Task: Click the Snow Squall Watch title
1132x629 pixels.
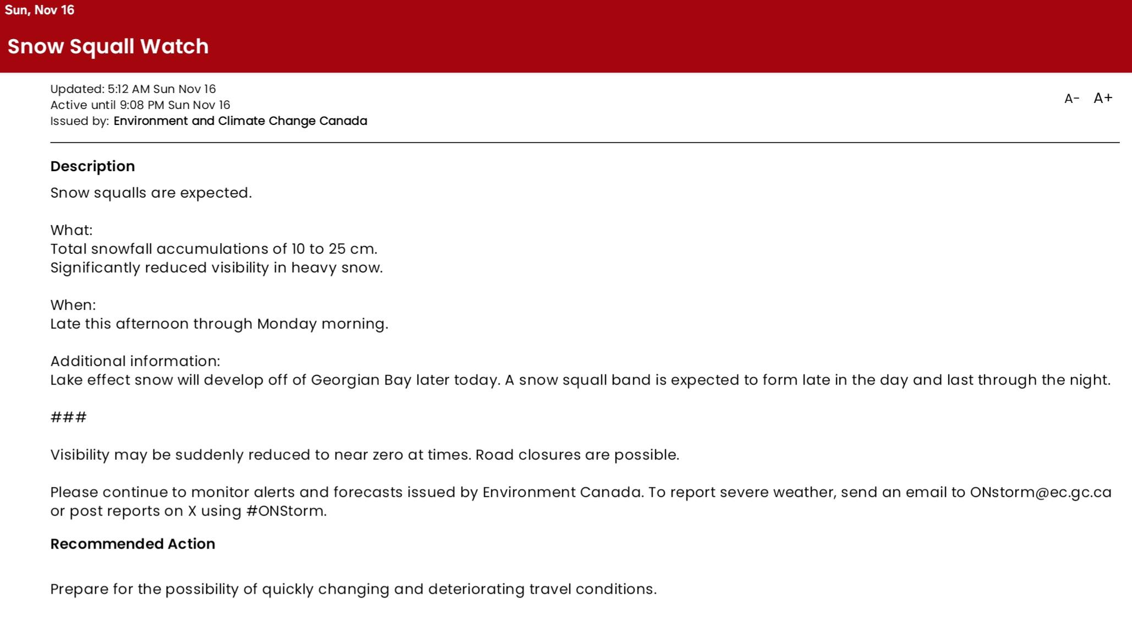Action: click(x=108, y=46)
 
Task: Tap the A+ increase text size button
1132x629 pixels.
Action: click(x=1103, y=98)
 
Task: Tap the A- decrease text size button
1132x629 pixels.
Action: click(x=1071, y=99)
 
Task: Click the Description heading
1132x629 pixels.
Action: click(x=92, y=166)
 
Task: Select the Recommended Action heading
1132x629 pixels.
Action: click(x=133, y=544)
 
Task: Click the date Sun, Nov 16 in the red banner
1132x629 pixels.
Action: click(x=40, y=10)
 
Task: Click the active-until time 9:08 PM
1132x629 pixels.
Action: click(x=142, y=105)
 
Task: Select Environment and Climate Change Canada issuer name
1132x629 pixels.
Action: click(x=240, y=121)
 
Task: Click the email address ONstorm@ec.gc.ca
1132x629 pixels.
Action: click(x=1040, y=492)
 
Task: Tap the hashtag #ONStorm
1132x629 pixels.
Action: click(x=285, y=511)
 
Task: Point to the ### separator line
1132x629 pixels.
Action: click(x=68, y=417)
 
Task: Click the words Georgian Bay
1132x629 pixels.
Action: click(x=361, y=380)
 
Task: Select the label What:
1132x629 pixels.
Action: click(x=72, y=230)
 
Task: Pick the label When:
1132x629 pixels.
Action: click(x=73, y=305)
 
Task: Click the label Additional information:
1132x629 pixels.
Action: click(x=135, y=361)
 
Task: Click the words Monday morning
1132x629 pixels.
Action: click(x=322, y=324)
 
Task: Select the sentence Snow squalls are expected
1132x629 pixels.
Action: click(x=151, y=193)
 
